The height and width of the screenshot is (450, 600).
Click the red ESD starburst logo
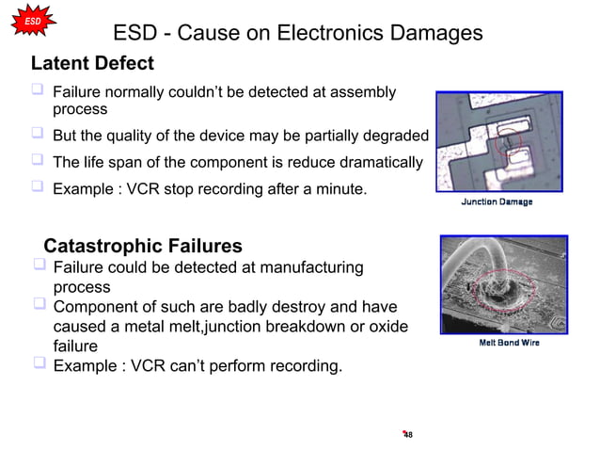pos(31,21)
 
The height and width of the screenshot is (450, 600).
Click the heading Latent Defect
pos(92,64)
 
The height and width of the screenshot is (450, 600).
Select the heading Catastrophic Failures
pos(143,247)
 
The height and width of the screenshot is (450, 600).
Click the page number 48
pos(407,434)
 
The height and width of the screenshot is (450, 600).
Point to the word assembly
pos(359,92)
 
